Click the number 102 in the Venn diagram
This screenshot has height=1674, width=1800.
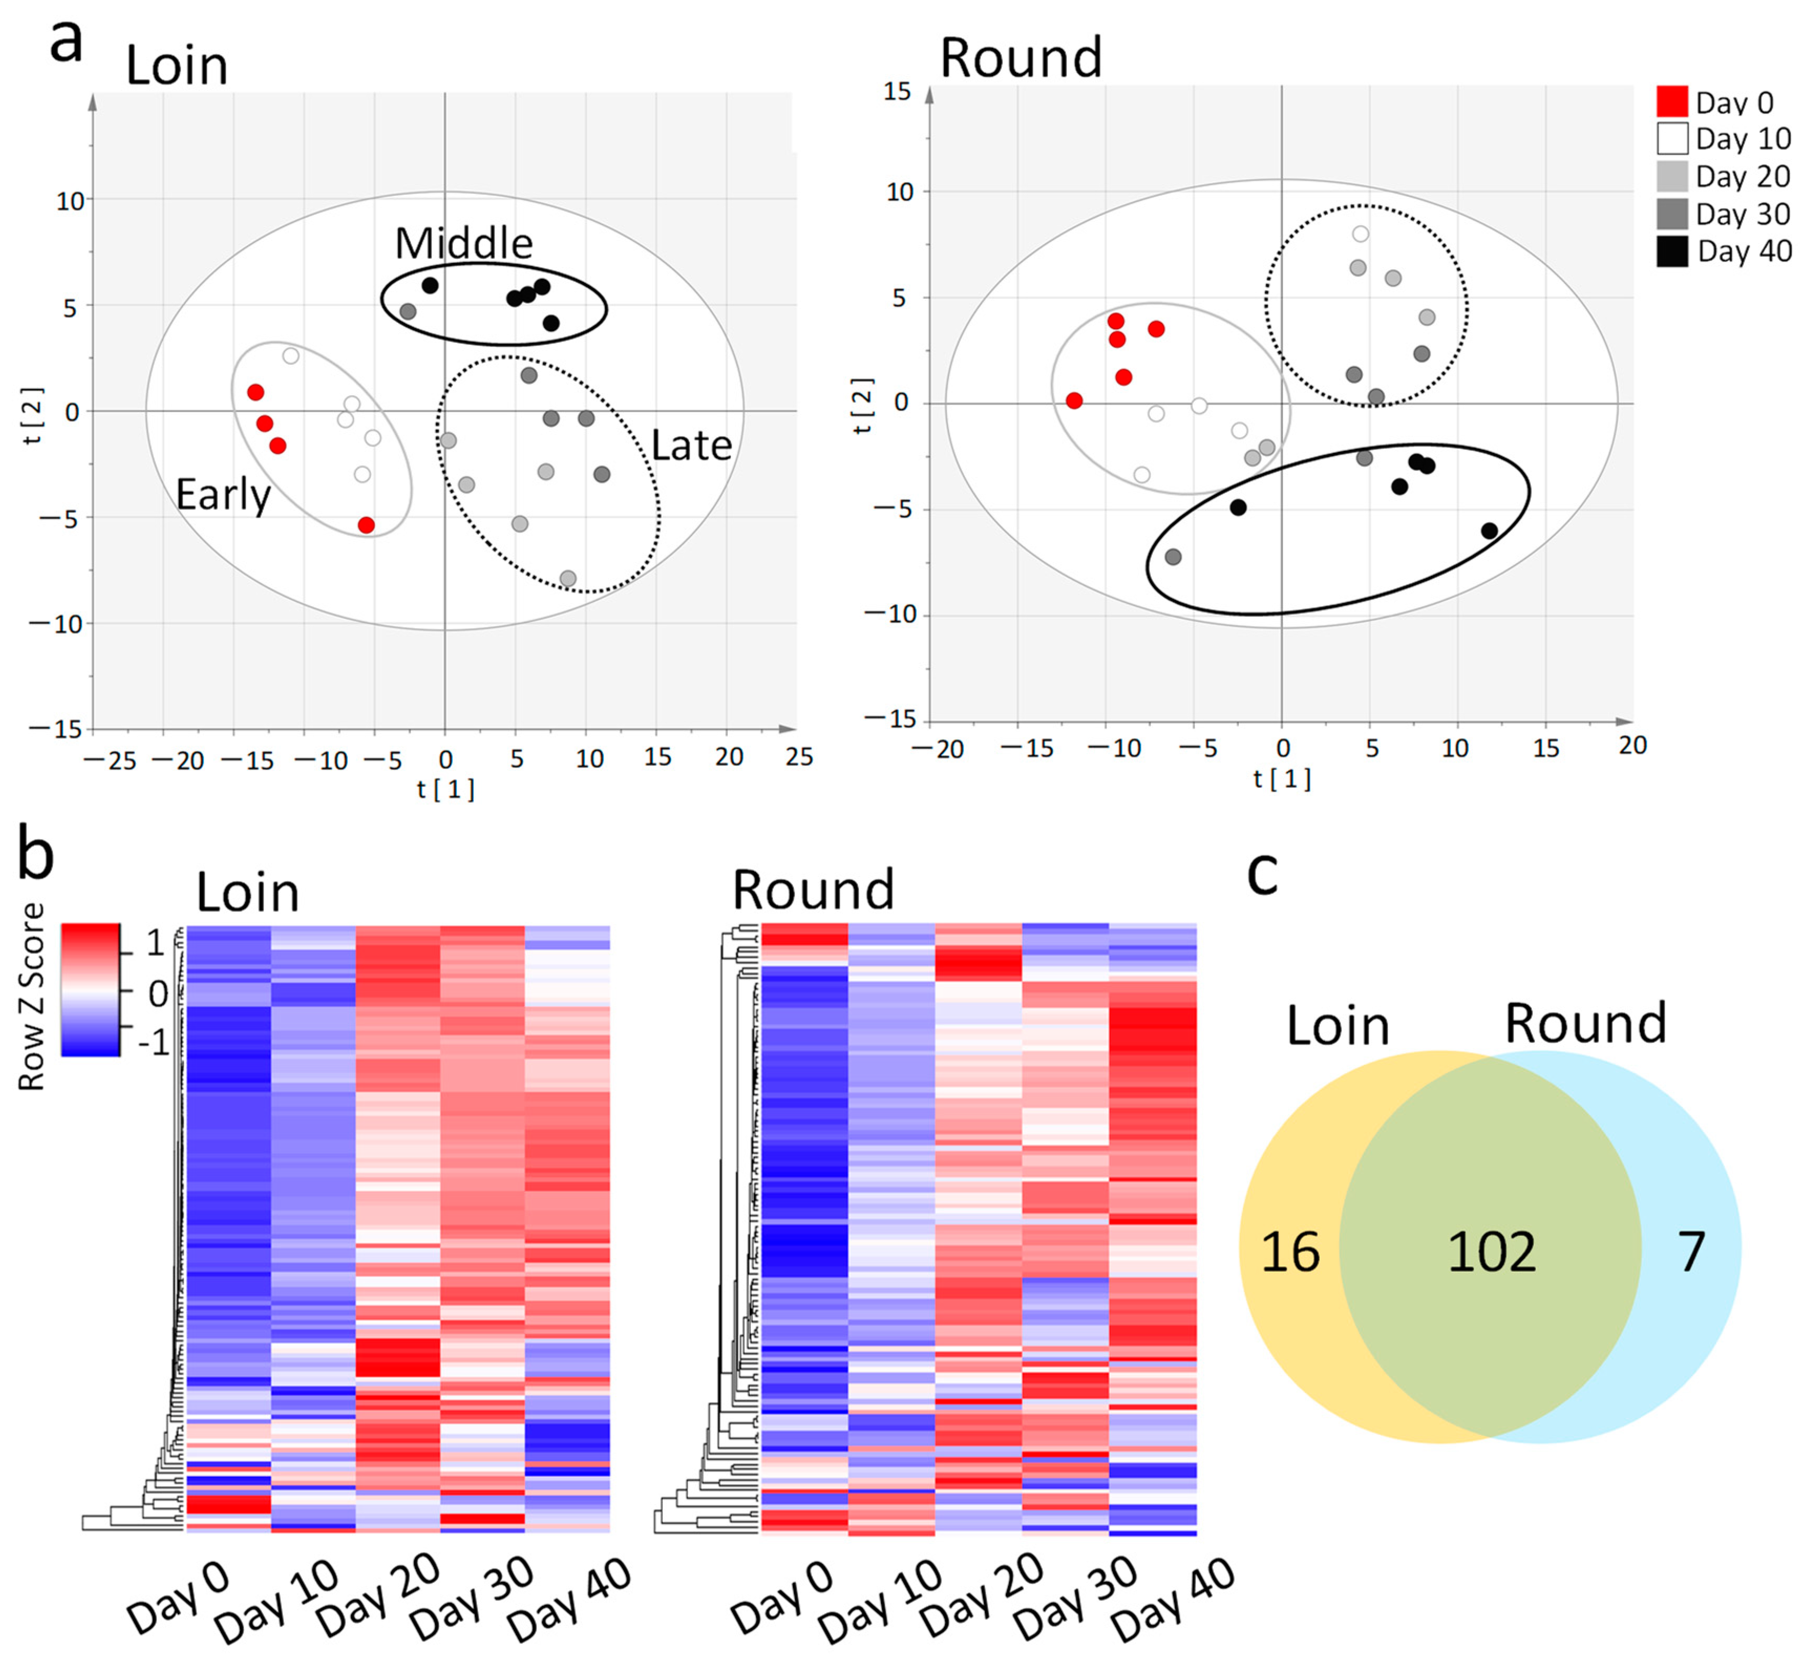click(1491, 1252)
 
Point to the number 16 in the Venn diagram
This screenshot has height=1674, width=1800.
click(1290, 1252)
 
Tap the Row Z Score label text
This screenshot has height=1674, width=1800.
click(31, 996)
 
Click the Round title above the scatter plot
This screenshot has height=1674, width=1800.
click(1020, 57)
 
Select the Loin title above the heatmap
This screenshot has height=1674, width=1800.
click(247, 892)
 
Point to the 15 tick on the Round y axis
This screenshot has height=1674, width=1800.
click(897, 91)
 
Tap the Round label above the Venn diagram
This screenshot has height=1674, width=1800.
click(1584, 1023)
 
